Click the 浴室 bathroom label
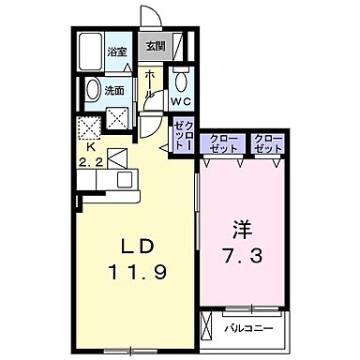[x=116, y=52]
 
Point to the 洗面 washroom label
[x=114, y=91]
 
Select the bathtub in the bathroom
[x=91, y=53]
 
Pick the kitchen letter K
[x=91, y=147]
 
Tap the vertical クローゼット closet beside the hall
[x=181, y=131]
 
